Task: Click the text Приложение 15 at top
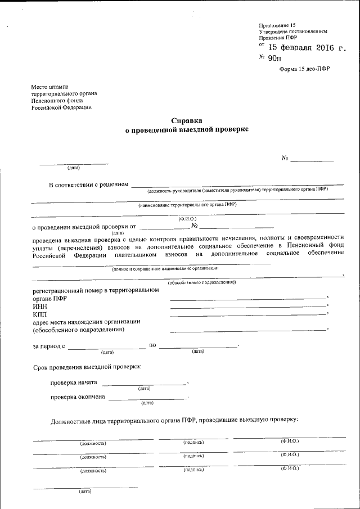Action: pos(277,25)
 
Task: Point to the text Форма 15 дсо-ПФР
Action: pos(304,69)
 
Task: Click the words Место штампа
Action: pos(50,87)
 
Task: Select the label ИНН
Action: pos(40,306)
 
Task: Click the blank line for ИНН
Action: pos(248,306)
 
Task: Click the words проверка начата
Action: pos(74,382)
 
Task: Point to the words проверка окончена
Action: pos(77,397)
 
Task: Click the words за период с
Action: pos(49,345)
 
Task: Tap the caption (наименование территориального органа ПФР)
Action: pos(187,205)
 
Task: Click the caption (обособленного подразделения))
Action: pos(202,282)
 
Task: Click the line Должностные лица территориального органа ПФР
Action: pos(174,420)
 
